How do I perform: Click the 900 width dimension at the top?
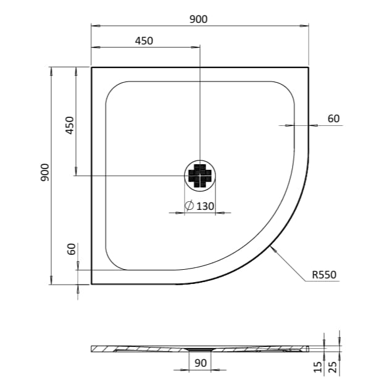199,19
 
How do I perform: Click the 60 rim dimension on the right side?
333,119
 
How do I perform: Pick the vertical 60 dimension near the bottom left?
71,249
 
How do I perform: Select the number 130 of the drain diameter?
206,206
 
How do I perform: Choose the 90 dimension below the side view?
201,364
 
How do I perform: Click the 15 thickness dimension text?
318,368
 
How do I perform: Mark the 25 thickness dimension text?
334,368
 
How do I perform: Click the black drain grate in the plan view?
200,175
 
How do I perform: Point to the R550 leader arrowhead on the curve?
272,248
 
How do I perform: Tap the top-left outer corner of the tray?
91,67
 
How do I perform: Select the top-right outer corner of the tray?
308,67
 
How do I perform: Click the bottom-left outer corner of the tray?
91,284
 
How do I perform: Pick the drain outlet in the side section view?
200,350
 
